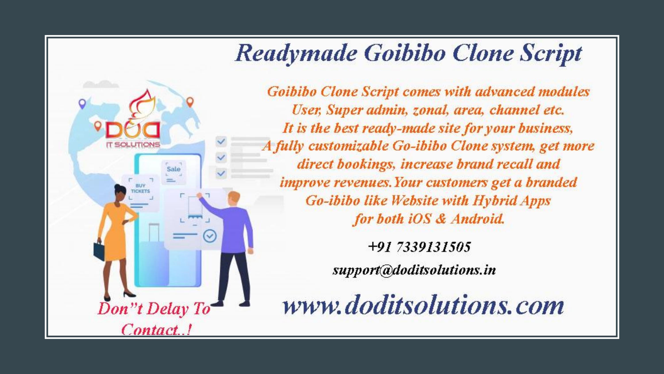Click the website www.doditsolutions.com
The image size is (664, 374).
(x=423, y=305)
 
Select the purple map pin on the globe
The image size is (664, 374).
(x=82, y=104)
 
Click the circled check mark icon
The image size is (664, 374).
(x=210, y=236)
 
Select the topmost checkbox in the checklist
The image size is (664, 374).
(x=221, y=141)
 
